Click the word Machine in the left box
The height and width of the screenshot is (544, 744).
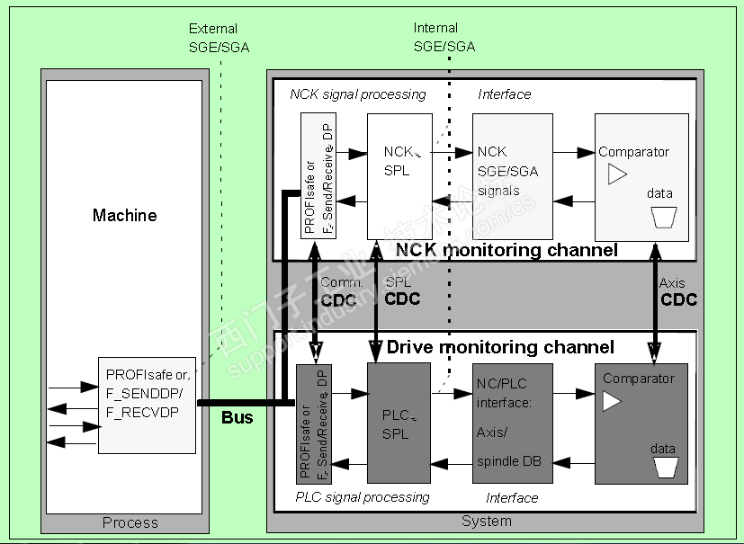coord(125,216)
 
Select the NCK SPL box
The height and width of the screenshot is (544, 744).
coord(398,162)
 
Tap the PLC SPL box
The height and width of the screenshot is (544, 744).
coord(397,423)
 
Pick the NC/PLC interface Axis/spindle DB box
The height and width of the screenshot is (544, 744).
coord(512,423)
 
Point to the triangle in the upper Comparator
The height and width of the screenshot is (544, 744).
coord(616,174)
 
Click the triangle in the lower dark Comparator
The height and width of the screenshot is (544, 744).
coord(612,401)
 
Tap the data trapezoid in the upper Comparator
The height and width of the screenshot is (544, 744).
coord(663,217)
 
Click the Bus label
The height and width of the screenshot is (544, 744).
coord(238,418)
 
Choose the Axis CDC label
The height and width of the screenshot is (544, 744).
coord(677,292)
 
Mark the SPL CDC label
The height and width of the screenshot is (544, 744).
coord(402,291)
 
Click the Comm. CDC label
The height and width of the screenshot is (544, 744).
coord(342,291)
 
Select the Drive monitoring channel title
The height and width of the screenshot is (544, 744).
coord(500,347)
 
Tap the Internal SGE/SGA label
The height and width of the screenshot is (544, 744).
coord(444,38)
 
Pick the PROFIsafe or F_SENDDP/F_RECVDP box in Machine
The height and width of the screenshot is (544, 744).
coord(147,405)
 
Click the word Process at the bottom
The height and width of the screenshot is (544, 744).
coord(130,522)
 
